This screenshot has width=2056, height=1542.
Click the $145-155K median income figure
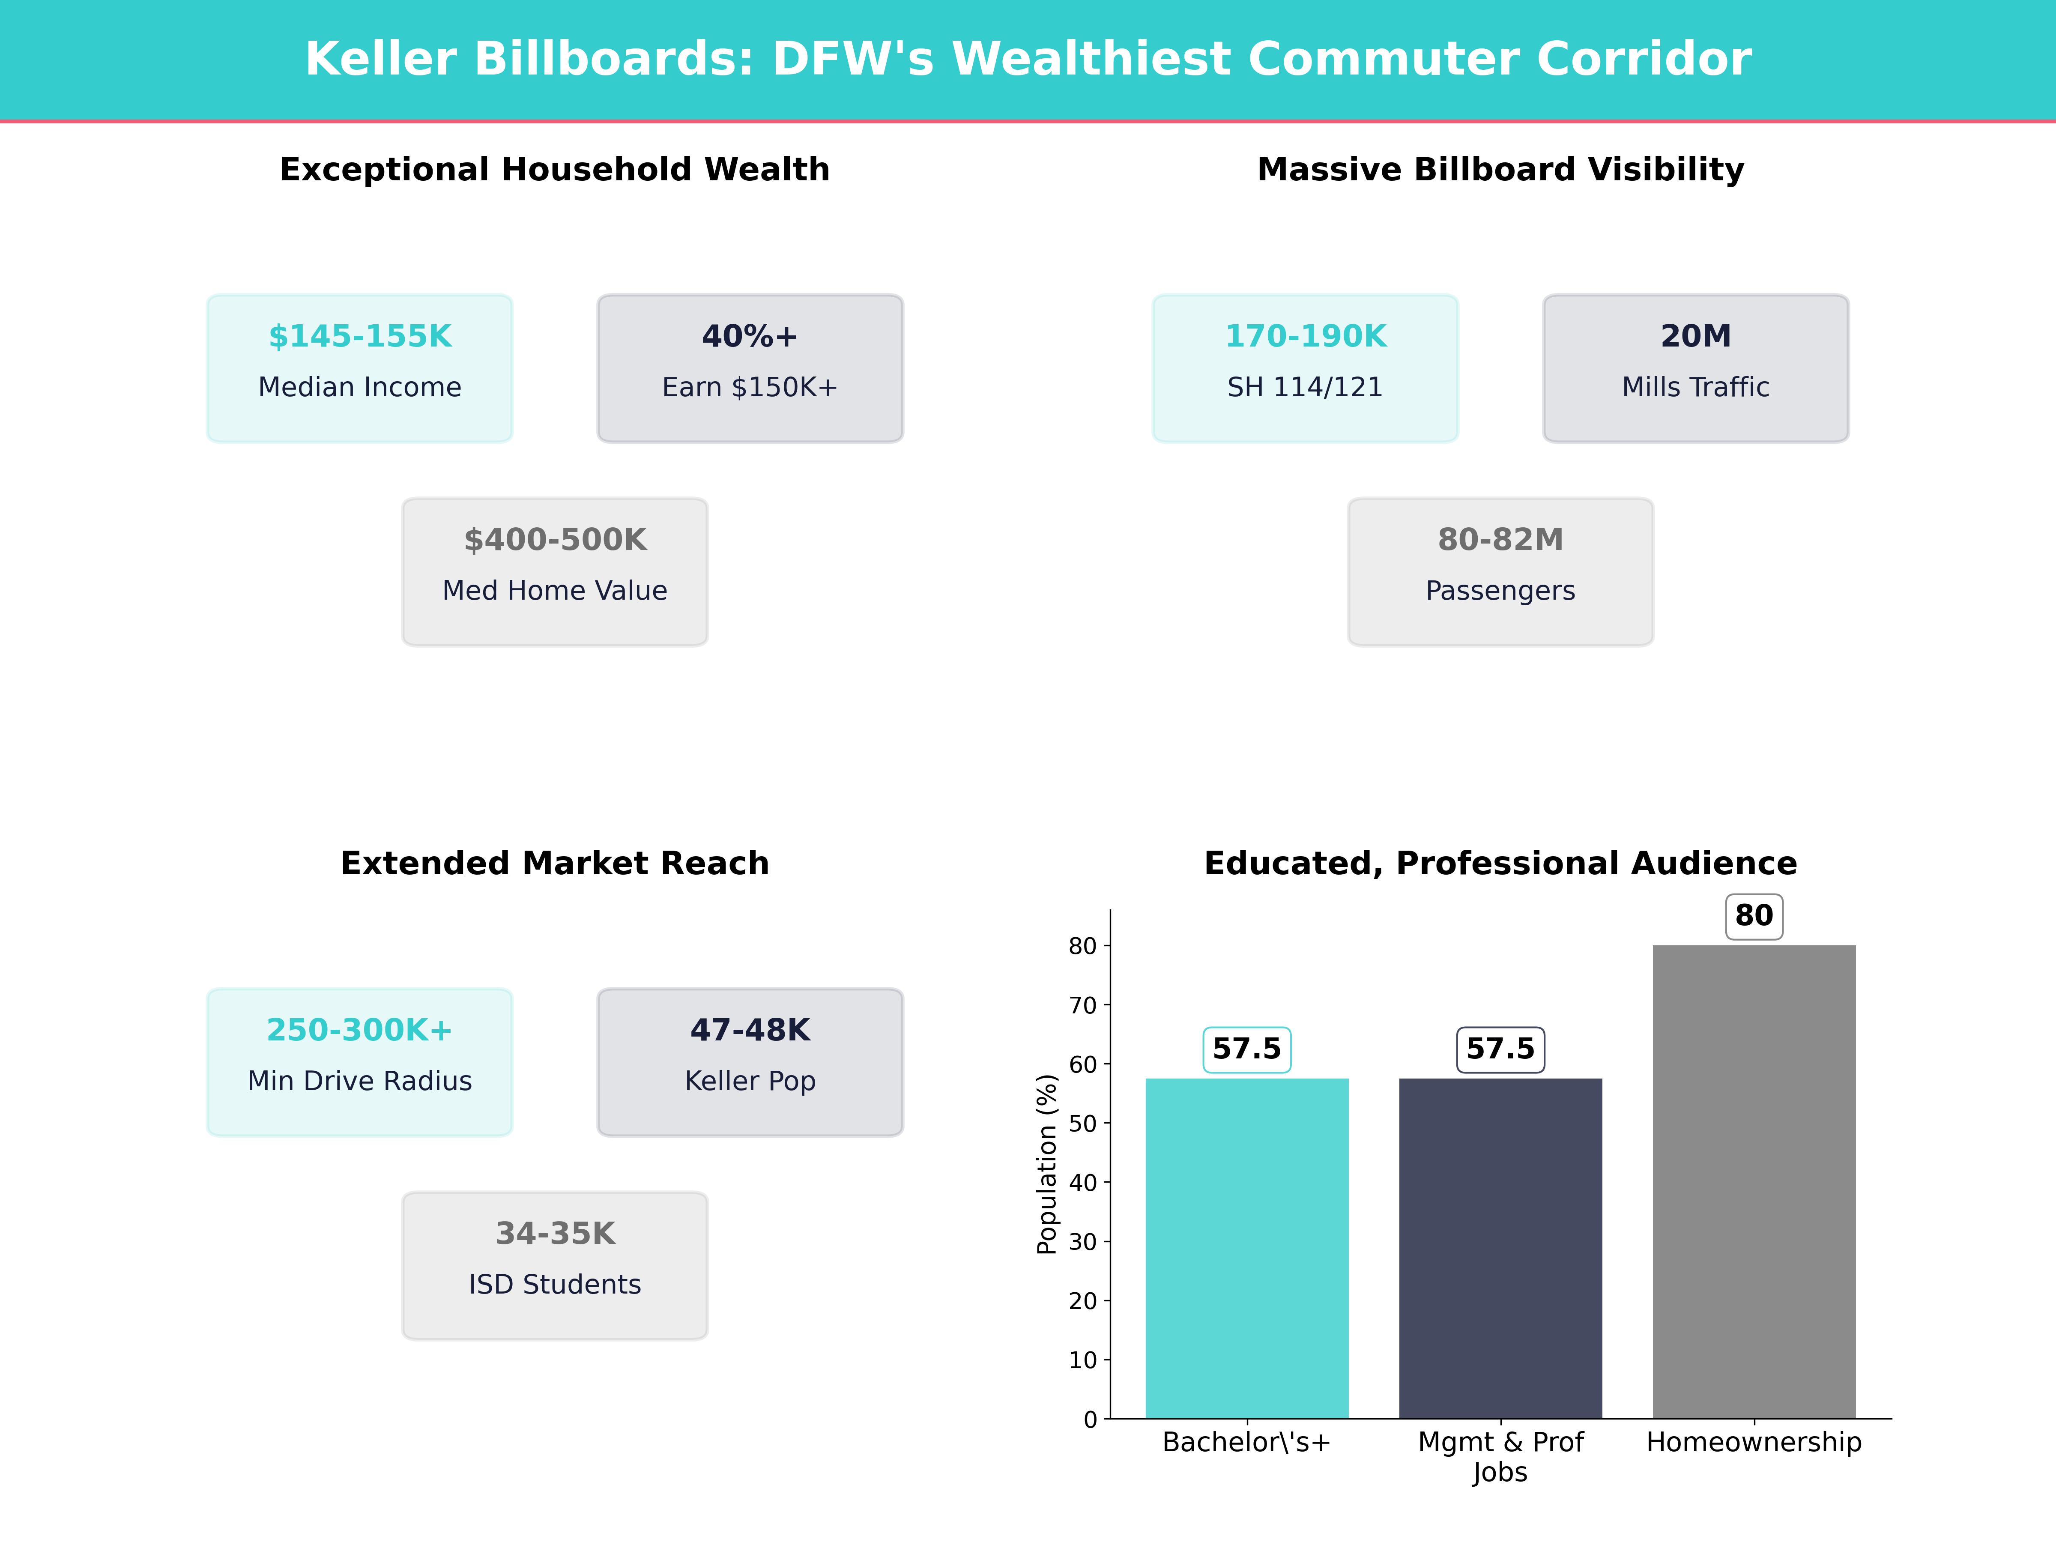(360, 337)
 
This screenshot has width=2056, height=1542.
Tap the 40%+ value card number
(749, 337)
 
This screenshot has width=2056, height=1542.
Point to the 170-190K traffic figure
(1305, 337)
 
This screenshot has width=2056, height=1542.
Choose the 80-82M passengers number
(1500, 540)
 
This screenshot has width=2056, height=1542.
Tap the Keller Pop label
(749, 1081)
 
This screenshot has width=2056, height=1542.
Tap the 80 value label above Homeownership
(1754, 915)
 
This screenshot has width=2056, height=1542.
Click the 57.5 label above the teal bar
(1246, 1049)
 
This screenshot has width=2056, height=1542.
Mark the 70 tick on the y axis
(1083, 1005)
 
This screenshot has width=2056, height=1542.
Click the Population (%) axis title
(1048, 1164)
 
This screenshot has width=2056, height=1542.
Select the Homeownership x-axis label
(1754, 1443)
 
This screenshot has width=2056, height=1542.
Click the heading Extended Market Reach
(555, 864)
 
